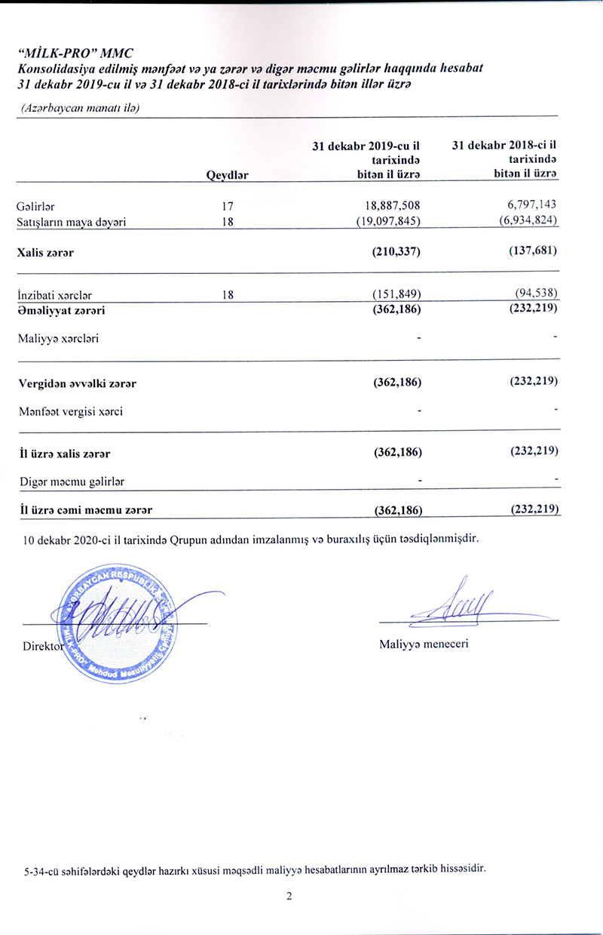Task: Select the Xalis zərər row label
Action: [45, 253]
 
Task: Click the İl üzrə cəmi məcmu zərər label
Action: [86, 510]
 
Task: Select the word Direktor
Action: [40, 646]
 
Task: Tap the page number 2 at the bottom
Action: [289, 896]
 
